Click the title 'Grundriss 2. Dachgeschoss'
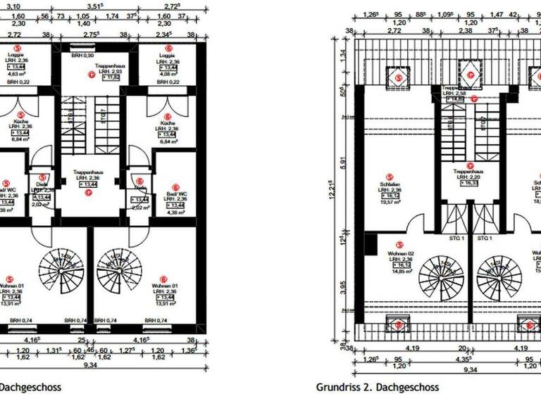point(377,387)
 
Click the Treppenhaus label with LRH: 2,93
point(110,72)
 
